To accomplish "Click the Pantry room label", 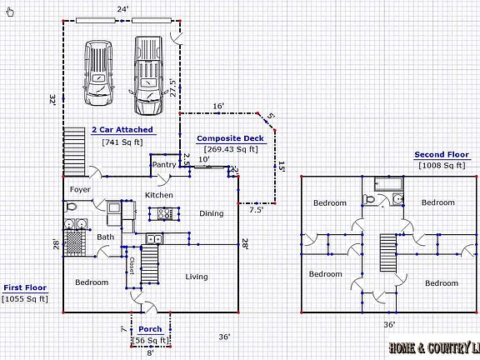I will [163, 165].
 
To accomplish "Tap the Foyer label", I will [80, 189].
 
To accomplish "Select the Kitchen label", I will [159, 195].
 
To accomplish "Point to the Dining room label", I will [211, 213].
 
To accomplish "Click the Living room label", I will [197, 277].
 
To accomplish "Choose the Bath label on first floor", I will [105, 237].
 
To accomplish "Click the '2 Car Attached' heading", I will [122, 130].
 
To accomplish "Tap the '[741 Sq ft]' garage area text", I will [122, 142].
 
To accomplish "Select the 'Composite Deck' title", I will [230, 138].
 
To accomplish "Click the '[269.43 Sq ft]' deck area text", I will [230, 149].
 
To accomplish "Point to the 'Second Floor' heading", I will [442, 154].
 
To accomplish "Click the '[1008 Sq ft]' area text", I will [442, 165].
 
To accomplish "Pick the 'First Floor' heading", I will [24, 287].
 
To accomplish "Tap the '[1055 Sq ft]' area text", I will [24, 297].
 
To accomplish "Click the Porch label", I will [150, 329].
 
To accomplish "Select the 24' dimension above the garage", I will [122, 9].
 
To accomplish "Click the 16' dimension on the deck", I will [218, 106].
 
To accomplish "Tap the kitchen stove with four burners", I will [165, 212].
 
